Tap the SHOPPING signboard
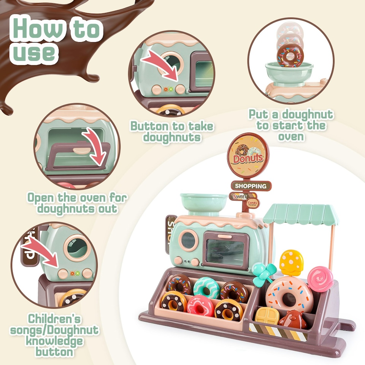coord(251,186)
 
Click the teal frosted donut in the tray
coord(206,288)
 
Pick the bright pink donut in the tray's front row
coord(200,305)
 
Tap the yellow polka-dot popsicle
coord(291,262)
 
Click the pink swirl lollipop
coord(320,279)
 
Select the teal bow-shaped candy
coord(264,273)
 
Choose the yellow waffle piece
coord(267,316)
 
